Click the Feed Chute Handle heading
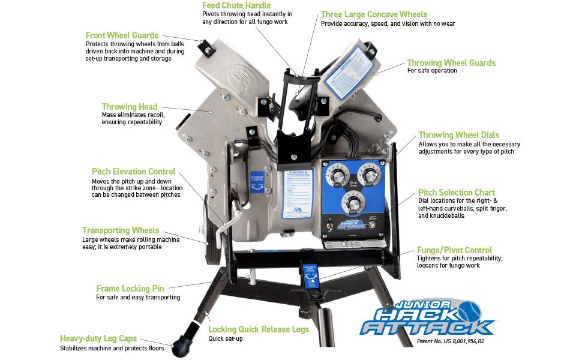click(236, 5)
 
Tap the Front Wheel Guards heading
click(122, 35)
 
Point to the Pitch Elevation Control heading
click(133, 172)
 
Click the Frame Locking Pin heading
click(130, 289)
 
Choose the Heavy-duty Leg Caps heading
click(98, 338)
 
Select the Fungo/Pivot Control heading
click(454, 250)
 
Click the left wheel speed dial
click(335, 175)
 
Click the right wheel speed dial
click(369, 175)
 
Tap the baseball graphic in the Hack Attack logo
click(469, 311)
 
